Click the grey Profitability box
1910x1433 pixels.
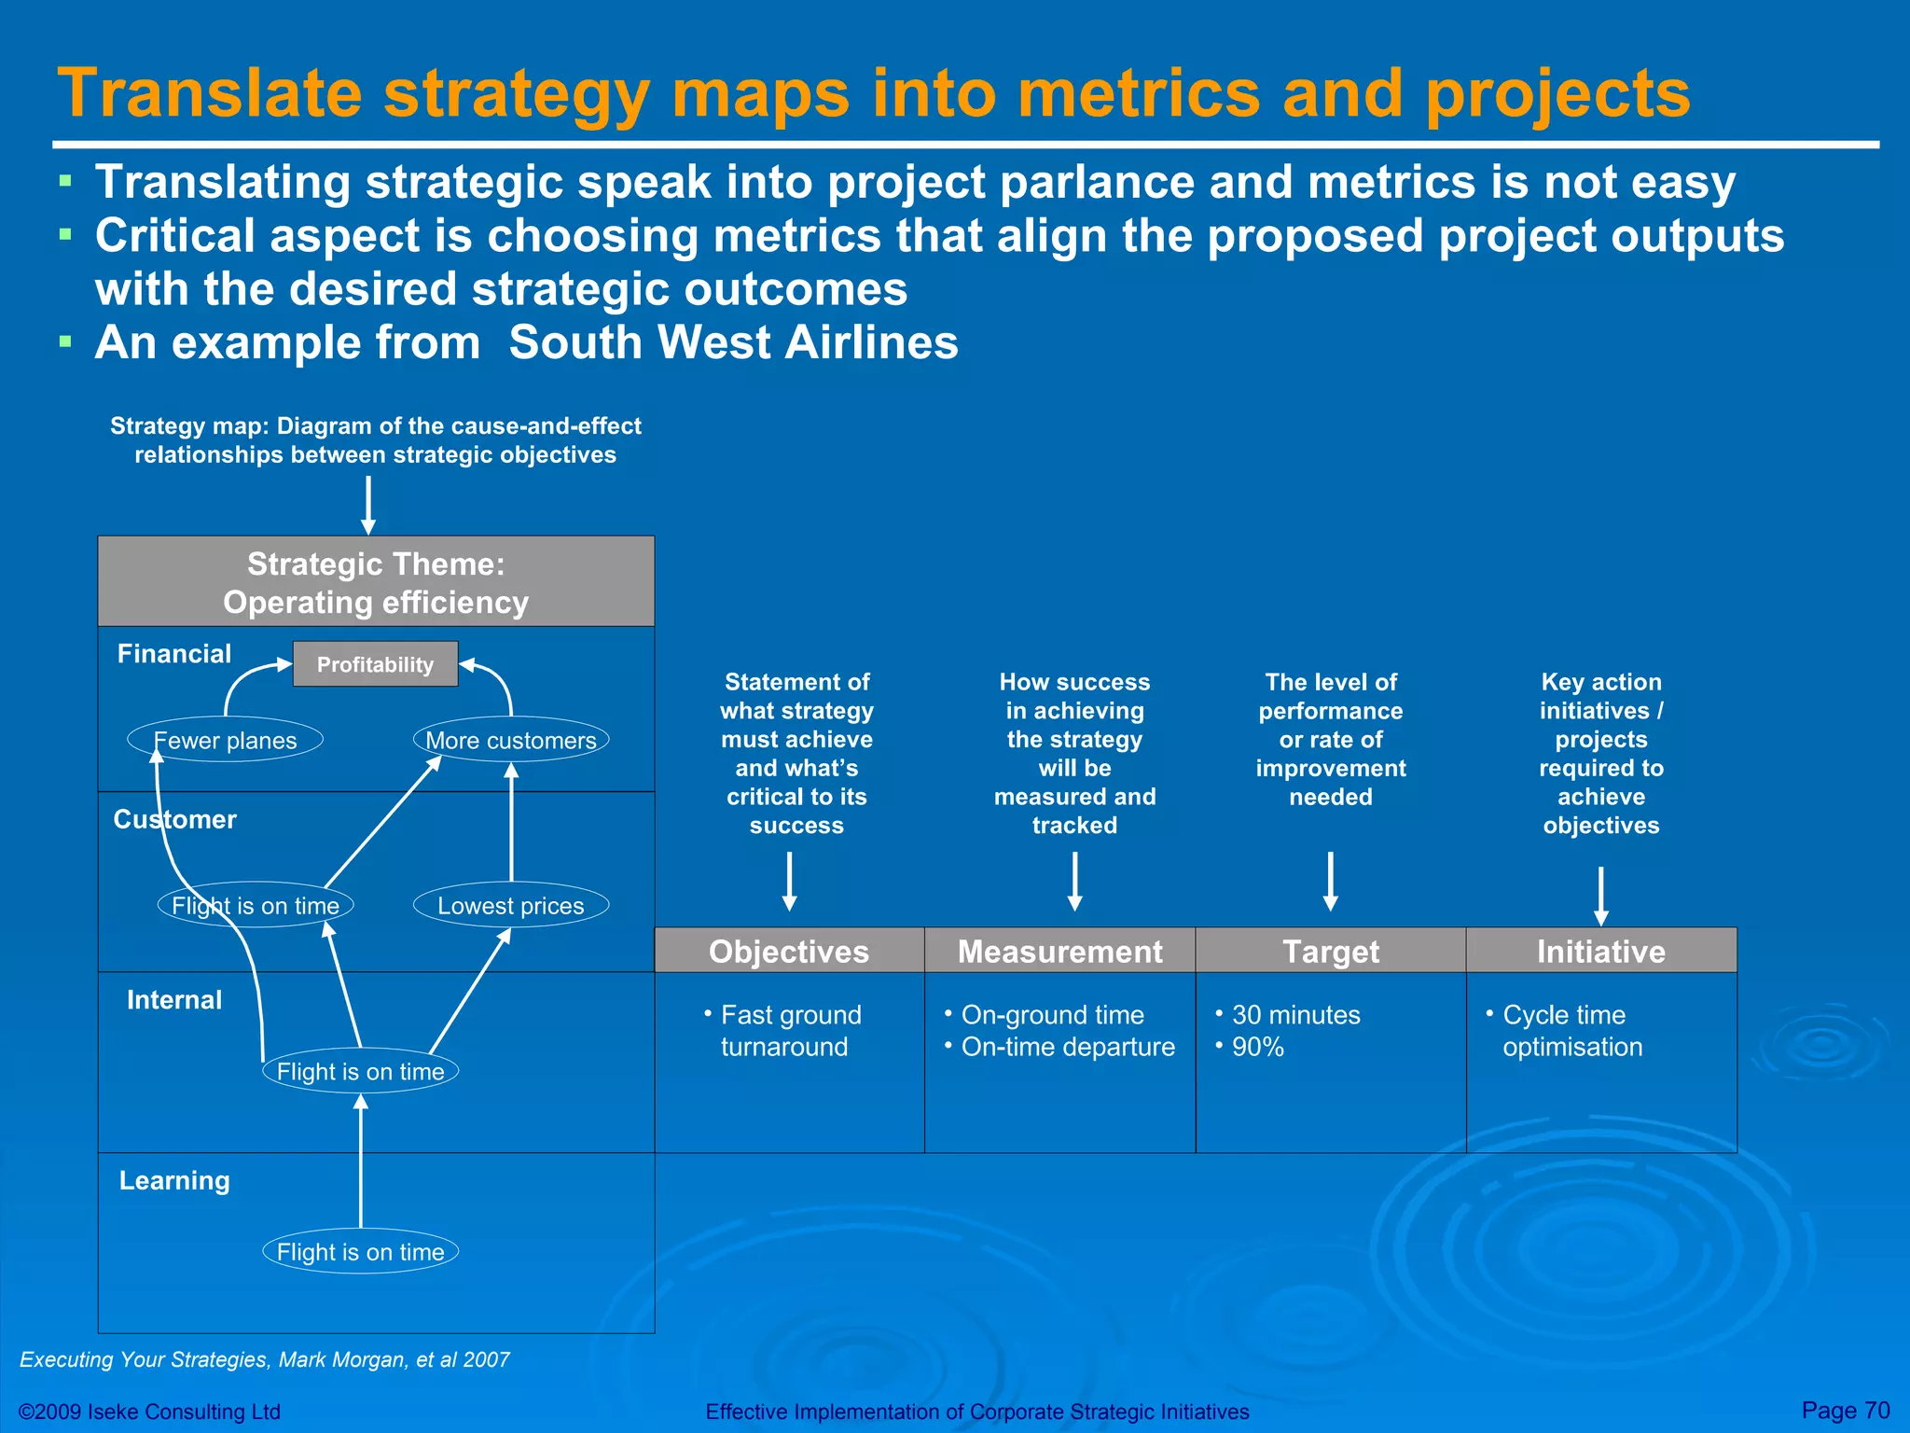coord(375,664)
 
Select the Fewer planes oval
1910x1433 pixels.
coord(225,740)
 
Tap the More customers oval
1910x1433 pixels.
coord(511,740)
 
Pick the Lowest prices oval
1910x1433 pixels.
coord(511,905)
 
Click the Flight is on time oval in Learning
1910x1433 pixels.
coord(360,1251)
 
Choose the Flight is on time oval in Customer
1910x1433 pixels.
coord(256,905)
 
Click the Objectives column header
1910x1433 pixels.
coord(789,951)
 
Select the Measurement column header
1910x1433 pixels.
coord(1059,951)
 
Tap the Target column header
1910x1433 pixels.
coord(1330,951)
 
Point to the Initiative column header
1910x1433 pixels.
coord(1600,951)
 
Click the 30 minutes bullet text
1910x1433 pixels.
coord(1295,1014)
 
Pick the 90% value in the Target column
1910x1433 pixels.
coord(1257,1047)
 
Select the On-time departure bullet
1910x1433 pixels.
coord(1067,1047)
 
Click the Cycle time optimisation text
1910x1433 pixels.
coord(1571,1031)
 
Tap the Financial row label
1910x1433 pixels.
coord(174,653)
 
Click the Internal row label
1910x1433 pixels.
coord(174,999)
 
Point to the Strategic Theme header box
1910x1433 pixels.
coord(376,581)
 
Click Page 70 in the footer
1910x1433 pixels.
coord(1845,1410)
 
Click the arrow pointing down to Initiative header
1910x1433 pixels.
coord(1600,896)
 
